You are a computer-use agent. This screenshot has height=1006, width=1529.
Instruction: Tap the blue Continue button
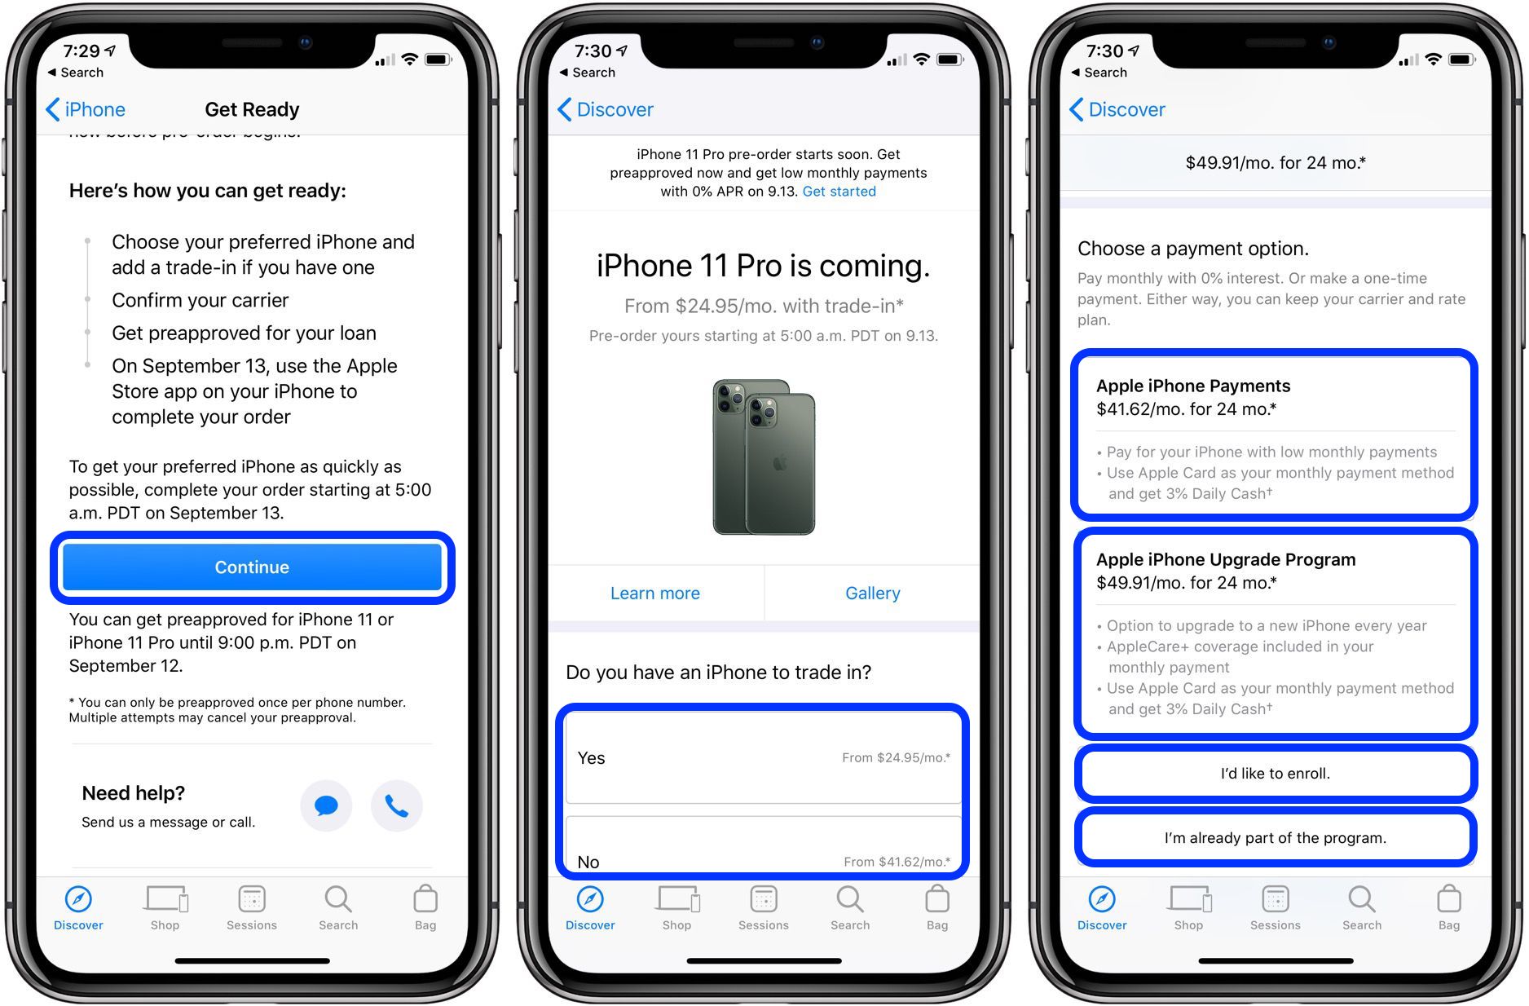click(252, 567)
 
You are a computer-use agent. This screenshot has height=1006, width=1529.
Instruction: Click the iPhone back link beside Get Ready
click(86, 109)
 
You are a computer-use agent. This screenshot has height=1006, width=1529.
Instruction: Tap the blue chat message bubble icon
click(326, 806)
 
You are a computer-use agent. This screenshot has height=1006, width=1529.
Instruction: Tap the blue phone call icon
click(396, 806)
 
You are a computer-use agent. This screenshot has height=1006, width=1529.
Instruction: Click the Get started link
click(839, 192)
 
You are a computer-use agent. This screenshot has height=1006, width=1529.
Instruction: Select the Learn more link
click(654, 593)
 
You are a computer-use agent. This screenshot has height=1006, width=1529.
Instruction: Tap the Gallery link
click(872, 593)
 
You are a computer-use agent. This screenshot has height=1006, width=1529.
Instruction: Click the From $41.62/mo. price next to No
click(897, 862)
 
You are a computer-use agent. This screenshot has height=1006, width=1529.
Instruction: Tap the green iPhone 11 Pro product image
click(764, 457)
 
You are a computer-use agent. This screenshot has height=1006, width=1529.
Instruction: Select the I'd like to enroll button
click(1275, 774)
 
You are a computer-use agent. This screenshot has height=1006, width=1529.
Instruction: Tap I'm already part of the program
click(1275, 838)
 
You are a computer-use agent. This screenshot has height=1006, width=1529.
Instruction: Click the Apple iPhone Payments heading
click(1192, 386)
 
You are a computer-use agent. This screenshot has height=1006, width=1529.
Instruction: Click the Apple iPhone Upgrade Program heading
click(1225, 559)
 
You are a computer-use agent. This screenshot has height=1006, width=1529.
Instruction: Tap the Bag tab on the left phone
click(425, 907)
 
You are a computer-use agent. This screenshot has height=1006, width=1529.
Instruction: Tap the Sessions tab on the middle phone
click(764, 907)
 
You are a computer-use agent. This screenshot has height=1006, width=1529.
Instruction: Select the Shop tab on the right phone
click(1188, 907)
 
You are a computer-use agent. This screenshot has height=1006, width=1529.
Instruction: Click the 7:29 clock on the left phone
click(82, 51)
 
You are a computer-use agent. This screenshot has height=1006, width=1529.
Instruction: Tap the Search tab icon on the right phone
click(1361, 899)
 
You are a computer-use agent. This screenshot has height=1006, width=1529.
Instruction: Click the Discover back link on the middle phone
click(606, 109)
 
